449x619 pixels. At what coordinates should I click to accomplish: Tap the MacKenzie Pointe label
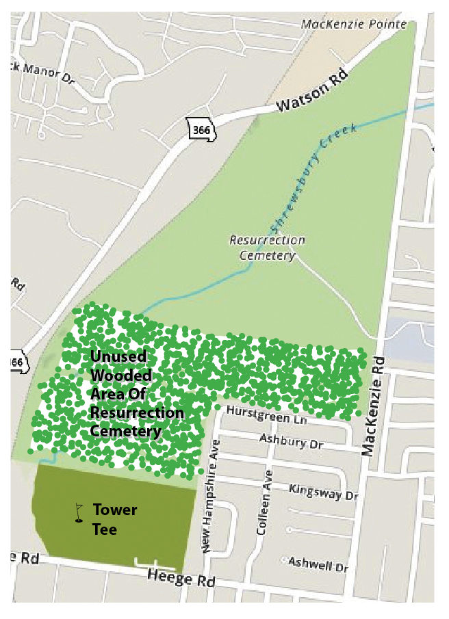pyautogui.click(x=355, y=25)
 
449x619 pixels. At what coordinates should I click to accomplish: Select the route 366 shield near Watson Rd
pyautogui.click(x=202, y=130)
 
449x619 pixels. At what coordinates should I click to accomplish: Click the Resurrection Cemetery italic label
pyautogui.click(x=267, y=248)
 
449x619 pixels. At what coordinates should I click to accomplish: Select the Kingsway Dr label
pyautogui.click(x=324, y=490)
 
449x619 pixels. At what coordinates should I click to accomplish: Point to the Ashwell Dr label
pyautogui.click(x=318, y=564)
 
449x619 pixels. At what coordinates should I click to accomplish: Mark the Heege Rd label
pyautogui.click(x=181, y=580)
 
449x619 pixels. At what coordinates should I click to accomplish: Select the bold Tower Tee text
pyautogui.click(x=114, y=519)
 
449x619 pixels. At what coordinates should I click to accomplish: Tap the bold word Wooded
pyautogui.click(x=121, y=376)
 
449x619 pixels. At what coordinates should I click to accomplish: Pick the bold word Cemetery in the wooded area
pyautogui.click(x=125, y=431)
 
